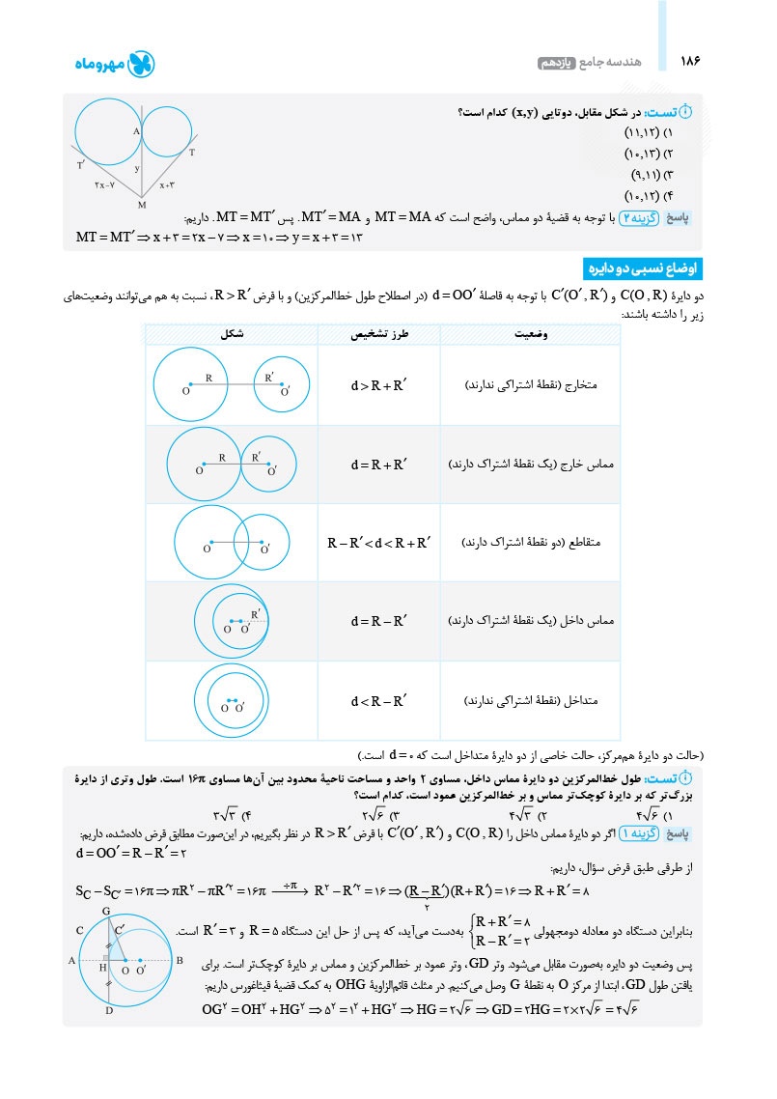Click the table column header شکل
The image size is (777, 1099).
point(232,334)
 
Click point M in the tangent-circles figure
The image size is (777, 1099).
point(142,203)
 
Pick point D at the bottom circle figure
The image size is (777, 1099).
point(109,1011)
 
